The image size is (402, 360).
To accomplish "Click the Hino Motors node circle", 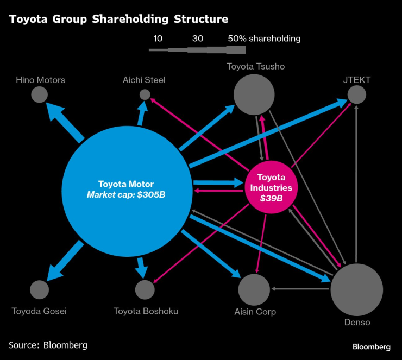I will point(39,95).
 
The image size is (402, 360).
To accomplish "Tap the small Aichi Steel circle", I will point(145,94).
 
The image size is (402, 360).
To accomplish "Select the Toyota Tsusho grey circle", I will point(254,94).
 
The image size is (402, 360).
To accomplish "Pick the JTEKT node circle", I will point(356,95).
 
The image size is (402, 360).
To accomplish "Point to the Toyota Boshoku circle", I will point(145,290).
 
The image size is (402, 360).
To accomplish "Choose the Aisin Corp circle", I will point(254,289).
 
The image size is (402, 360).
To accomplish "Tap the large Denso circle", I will point(356,289).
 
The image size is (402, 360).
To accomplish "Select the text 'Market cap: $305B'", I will point(125,194).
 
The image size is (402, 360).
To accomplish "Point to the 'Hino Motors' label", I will point(40,80).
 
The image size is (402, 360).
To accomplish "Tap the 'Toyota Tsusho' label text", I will point(255,66).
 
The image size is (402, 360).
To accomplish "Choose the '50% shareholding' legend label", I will point(264,39).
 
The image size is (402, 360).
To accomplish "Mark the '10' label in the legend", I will point(158,39).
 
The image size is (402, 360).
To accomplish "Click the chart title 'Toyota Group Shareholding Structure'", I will point(118,20).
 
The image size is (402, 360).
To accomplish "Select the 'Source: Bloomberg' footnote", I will point(48,345).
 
